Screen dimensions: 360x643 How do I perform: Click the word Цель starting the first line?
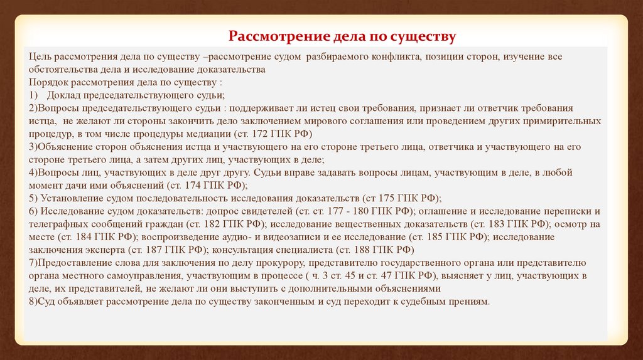pyautogui.click(x=39, y=56)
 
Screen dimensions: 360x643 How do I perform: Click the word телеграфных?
pyautogui.click(x=56, y=223)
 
